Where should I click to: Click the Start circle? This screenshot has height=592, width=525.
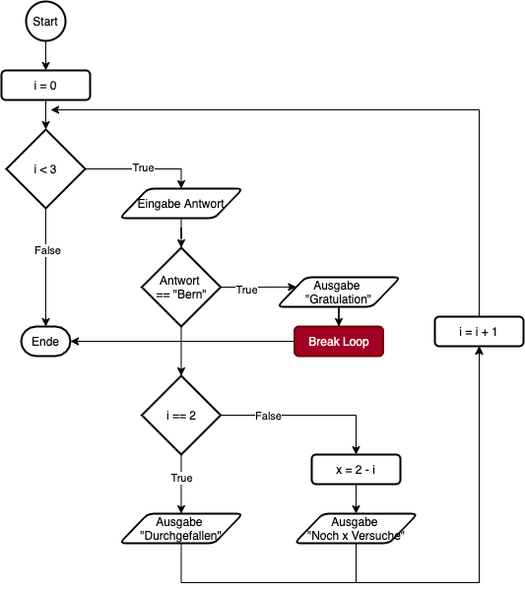point(45,22)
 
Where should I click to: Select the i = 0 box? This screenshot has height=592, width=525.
point(45,86)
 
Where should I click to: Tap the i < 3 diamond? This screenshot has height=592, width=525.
point(45,169)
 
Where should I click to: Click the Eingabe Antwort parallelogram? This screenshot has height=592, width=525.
point(181,204)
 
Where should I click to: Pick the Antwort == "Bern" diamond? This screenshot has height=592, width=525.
point(180,287)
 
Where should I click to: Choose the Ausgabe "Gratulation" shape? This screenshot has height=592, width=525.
point(338,292)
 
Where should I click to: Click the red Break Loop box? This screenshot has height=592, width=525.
point(338,342)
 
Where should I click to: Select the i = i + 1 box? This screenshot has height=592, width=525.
point(479,332)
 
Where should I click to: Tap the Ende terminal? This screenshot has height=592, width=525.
point(45,342)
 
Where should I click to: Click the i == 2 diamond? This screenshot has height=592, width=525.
point(180,416)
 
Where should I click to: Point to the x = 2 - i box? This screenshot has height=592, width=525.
point(356,470)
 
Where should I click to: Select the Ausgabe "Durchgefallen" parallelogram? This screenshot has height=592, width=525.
point(180,529)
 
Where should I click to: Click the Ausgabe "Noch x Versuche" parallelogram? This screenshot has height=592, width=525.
point(355,529)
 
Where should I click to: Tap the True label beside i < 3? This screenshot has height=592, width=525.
point(144,168)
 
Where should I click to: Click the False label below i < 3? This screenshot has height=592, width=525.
point(47,251)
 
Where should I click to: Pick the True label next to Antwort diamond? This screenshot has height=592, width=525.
point(246,291)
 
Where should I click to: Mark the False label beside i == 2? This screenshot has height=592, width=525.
point(268,417)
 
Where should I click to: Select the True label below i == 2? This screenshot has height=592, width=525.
point(181,479)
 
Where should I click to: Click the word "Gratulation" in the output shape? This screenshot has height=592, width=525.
point(338,298)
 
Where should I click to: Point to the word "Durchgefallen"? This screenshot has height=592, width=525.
point(179,536)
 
